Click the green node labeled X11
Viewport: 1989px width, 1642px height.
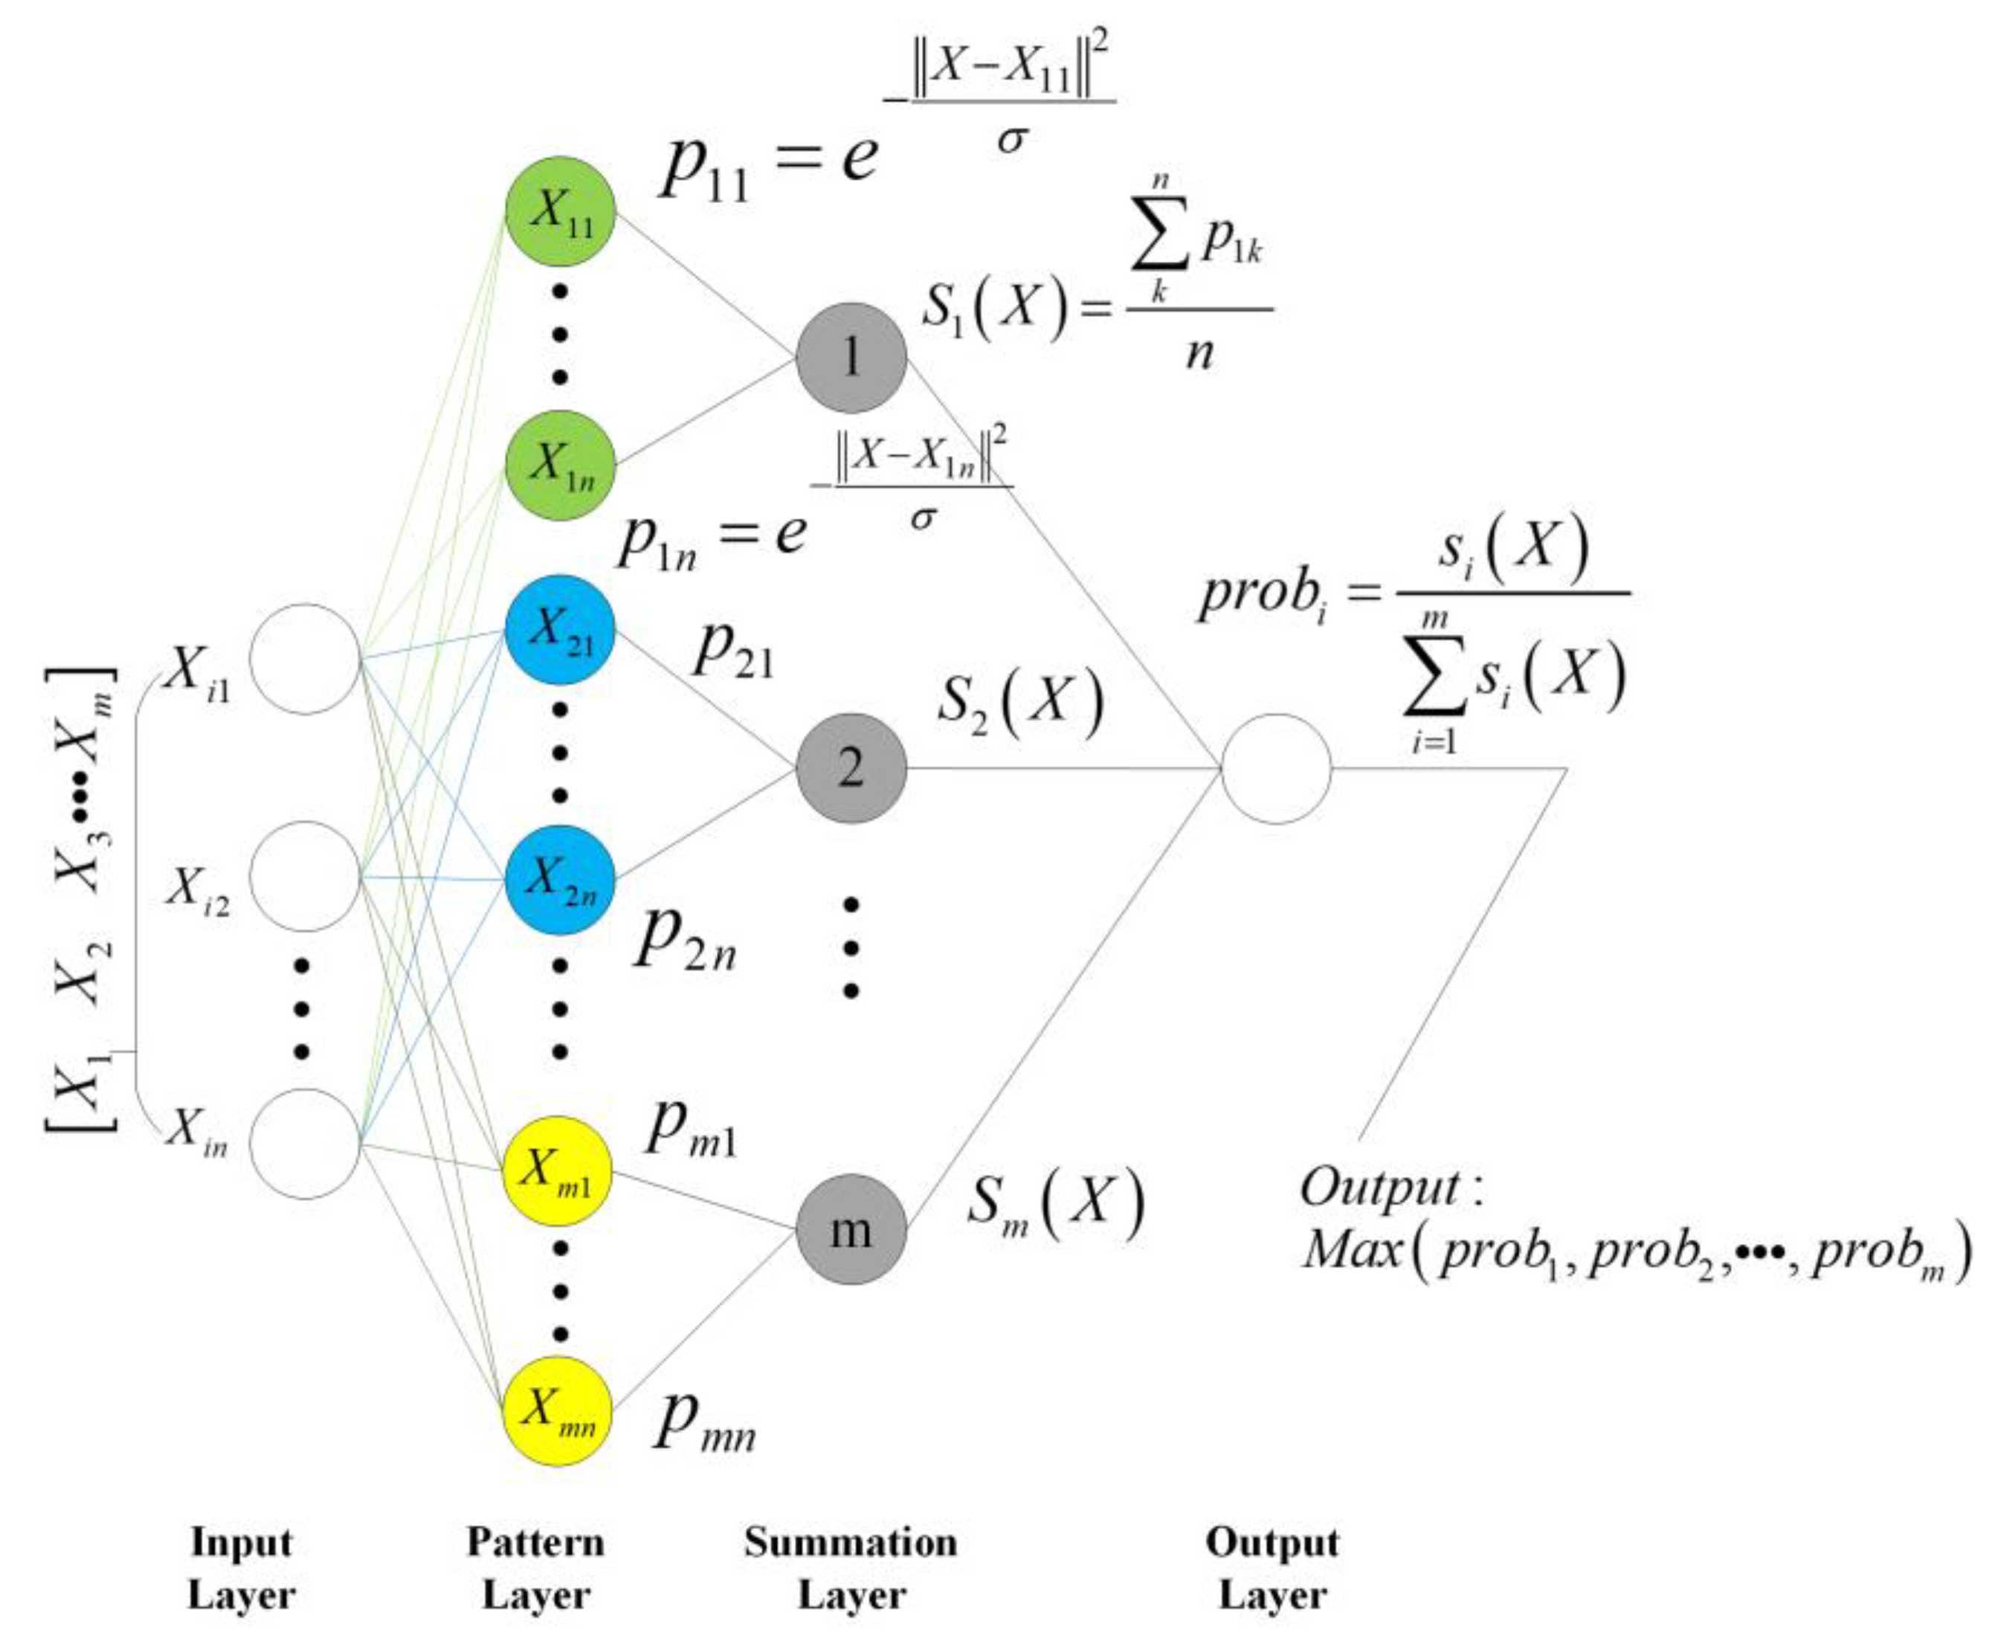(560, 212)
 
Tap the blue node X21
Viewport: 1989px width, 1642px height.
(560, 630)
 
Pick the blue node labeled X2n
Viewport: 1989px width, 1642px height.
(560, 880)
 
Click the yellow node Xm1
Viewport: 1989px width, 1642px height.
(558, 1172)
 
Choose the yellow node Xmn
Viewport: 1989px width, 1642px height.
(558, 1411)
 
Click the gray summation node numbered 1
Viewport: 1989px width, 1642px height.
(851, 358)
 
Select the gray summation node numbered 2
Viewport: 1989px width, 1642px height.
(851, 768)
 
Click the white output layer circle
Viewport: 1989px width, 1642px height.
(1276, 768)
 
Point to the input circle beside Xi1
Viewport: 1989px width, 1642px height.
(305, 660)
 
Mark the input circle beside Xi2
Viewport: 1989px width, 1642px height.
(305, 877)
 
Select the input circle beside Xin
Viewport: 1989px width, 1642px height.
(305, 1144)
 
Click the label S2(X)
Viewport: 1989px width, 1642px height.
(1019, 705)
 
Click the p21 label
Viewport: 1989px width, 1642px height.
(733, 651)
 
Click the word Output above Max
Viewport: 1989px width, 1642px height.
(1381, 1187)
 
